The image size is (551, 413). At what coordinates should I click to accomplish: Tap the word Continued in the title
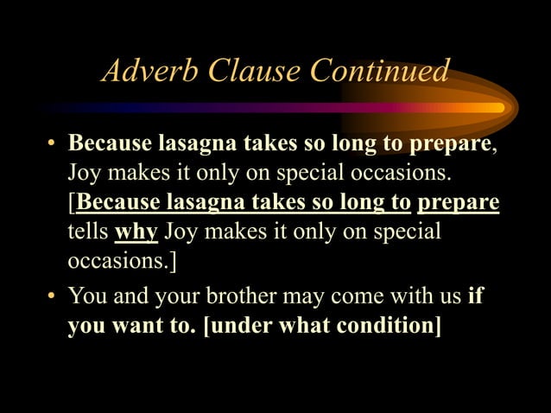379,70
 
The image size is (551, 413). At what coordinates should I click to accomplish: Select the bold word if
474,297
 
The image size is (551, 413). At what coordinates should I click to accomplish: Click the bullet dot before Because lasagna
52,142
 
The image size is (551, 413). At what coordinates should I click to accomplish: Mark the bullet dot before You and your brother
52,297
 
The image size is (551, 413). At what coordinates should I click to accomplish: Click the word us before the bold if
449,297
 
